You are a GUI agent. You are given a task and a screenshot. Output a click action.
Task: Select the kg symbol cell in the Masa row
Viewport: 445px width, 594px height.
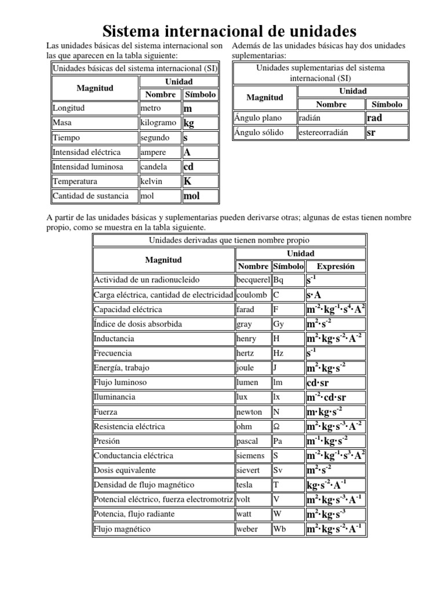(200, 123)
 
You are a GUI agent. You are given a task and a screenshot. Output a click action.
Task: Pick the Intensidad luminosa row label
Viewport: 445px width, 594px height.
(94, 166)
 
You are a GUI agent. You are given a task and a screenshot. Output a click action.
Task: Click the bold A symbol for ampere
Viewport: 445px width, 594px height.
(200, 152)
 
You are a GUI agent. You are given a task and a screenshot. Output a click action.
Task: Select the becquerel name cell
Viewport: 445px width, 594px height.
(253, 280)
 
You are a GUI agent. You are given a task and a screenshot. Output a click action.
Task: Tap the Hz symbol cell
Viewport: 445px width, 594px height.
(288, 353)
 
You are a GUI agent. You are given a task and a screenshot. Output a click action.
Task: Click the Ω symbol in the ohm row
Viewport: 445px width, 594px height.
(288, 426)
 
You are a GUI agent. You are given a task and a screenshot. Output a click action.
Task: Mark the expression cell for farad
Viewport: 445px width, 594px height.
(336, 310)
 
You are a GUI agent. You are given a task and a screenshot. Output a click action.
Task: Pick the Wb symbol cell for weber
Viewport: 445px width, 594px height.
(288, 528)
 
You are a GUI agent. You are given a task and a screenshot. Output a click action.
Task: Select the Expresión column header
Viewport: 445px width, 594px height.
(335, 266)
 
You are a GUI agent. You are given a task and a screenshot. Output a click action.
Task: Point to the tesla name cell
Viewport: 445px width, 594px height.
(253, 484)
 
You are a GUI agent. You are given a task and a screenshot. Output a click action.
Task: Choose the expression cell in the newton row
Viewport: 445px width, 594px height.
(336, 412)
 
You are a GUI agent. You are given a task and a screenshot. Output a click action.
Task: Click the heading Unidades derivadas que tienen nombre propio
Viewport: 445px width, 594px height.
(229, 240)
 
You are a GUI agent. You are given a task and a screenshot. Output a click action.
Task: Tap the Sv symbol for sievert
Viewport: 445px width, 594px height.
(288, 470)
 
